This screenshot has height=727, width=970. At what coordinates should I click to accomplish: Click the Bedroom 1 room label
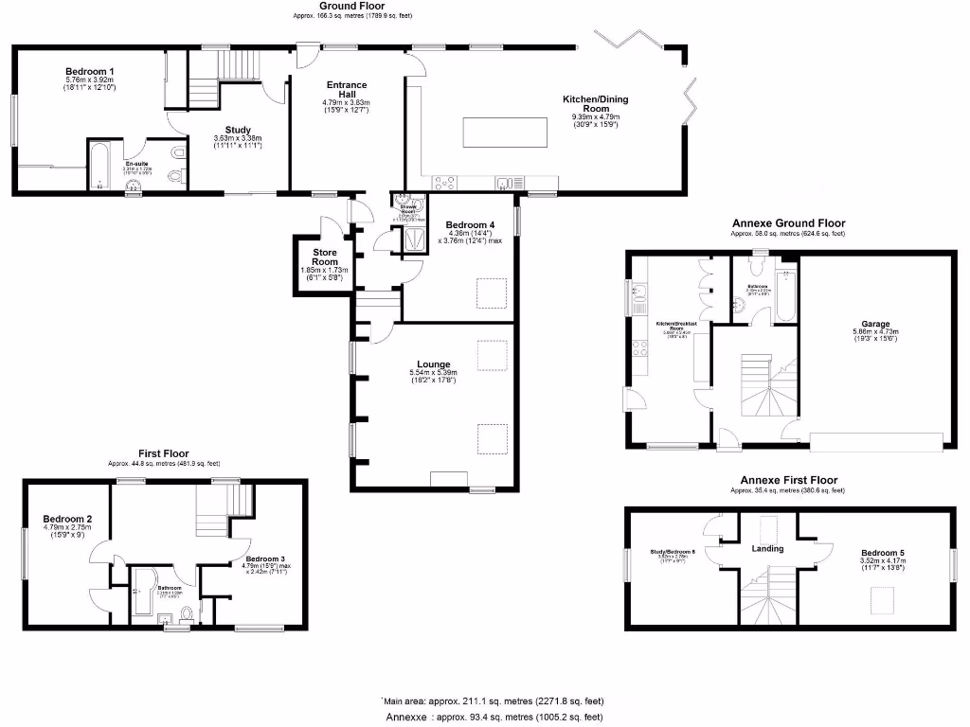point(90,71)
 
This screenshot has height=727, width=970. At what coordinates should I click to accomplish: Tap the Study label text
point(238,130)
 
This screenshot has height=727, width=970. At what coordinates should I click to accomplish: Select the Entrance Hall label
point(346,87)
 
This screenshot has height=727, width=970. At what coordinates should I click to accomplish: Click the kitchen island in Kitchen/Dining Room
point(505,133)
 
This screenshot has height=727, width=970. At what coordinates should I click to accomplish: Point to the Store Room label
point(325,257)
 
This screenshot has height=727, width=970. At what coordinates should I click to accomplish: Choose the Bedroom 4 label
point(470,225)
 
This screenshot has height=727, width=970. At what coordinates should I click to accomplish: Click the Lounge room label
point(435,363)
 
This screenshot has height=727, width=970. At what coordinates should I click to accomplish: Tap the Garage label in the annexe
point(875,325)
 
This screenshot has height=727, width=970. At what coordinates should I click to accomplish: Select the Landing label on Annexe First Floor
point(767,548)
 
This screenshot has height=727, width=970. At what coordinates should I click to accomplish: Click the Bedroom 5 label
point(884,554)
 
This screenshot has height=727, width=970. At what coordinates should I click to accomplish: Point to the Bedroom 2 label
point(67,519)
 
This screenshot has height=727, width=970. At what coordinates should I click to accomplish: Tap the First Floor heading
point(163,453)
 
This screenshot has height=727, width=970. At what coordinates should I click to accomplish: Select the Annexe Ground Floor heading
point(787,223)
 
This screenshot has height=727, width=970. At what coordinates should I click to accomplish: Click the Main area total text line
point(493,701)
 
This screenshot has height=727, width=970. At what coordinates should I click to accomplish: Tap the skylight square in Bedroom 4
point(491,293)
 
